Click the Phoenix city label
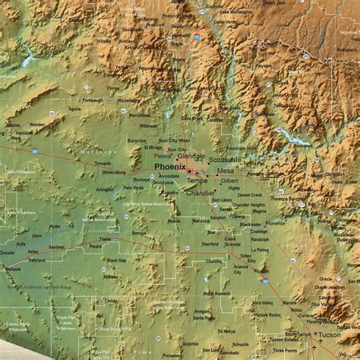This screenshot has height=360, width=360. tap(169, 166)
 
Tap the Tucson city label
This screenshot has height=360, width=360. tap(330, 334)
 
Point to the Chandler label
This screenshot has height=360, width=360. tap(201, 192)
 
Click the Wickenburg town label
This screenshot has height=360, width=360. tap(128, 99)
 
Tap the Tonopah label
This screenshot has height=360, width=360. tap(103, 163)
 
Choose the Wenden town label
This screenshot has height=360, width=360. tap(36, 124)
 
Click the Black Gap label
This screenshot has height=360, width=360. tap(116, 260)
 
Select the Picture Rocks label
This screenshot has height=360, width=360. tap(267, 314)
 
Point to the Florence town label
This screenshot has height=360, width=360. tap(276, 223)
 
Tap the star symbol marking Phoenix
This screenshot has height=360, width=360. tap(189, 171)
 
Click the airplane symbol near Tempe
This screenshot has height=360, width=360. tap(197, 174)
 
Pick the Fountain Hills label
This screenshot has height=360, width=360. tap(242, 148)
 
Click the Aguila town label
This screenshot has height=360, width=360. tap(74, 109)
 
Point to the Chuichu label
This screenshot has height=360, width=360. tap(214, 261)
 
